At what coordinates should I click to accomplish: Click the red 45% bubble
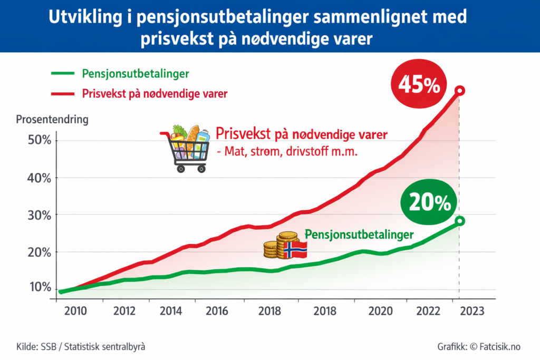[418, 85]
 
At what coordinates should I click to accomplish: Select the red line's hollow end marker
[460, 91]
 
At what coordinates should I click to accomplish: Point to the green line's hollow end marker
[460, 221]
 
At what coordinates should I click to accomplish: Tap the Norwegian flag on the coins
[295, 250]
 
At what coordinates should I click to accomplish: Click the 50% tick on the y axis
[39, 141]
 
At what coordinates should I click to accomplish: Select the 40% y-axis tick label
[39, 178]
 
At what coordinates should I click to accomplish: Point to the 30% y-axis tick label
[39, 215]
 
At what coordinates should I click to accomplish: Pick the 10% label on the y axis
[39, 287]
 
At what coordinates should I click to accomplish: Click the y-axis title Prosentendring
[52, 119]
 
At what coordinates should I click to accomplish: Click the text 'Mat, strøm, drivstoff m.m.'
[287, 153]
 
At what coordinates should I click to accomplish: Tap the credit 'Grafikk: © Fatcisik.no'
[478, 346]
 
